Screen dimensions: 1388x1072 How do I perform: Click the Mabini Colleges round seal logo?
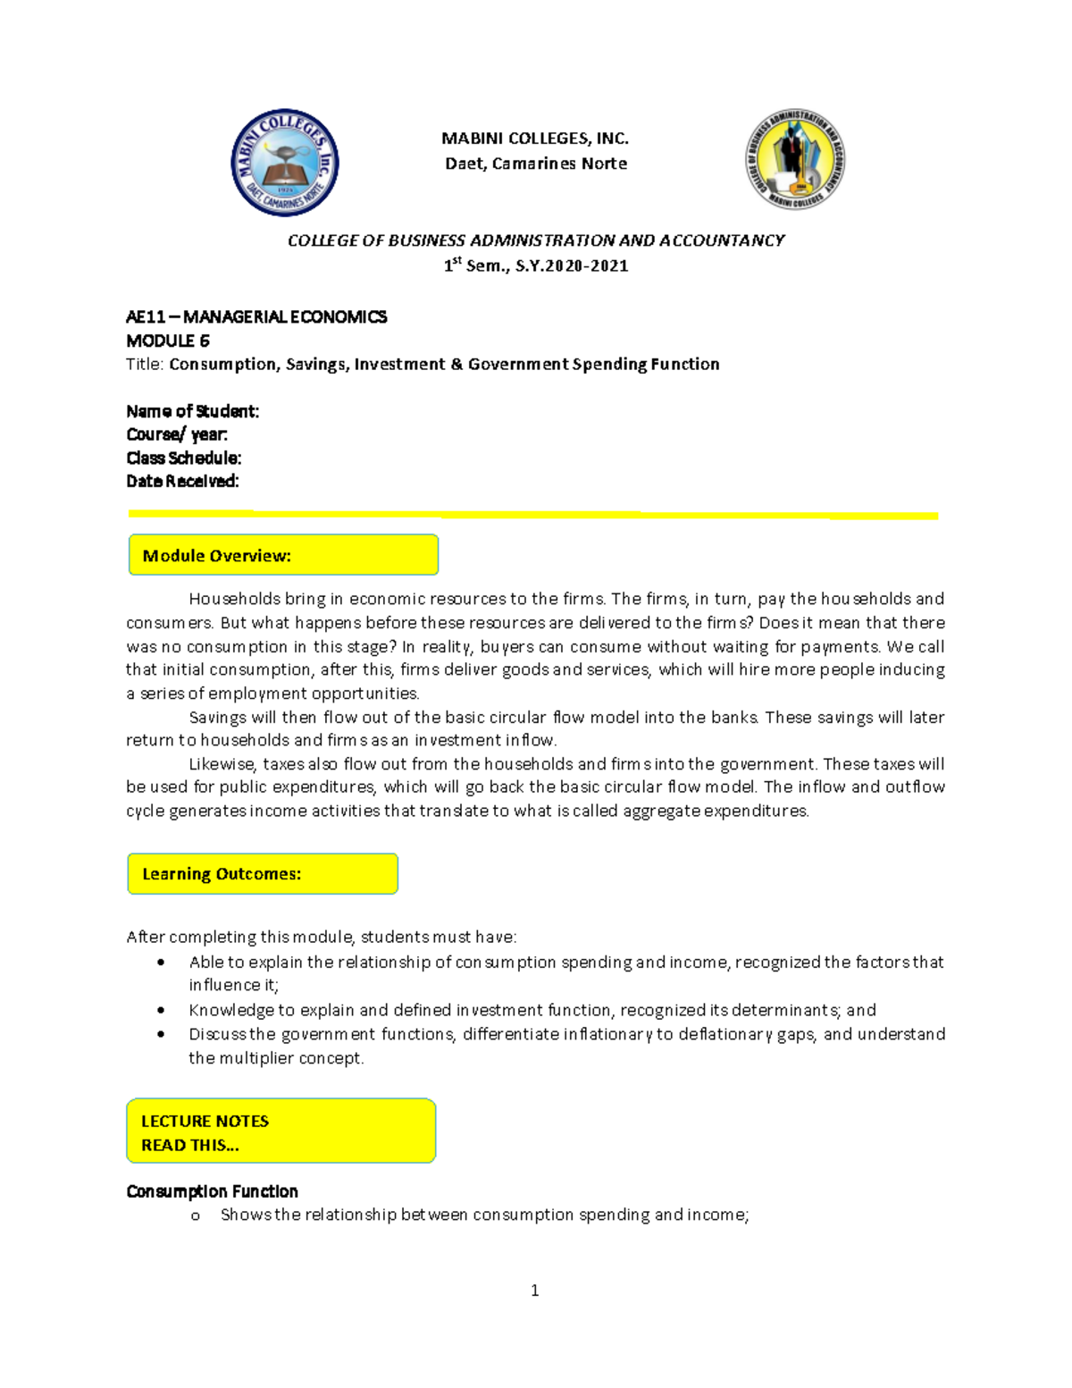coord(284,163)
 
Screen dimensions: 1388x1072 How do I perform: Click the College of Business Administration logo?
coord(795,160)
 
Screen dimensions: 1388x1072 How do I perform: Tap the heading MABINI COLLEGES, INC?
coord(535,139)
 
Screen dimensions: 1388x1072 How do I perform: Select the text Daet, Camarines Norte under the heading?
coord(536,164)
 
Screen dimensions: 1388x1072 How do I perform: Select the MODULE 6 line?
coord(168,341)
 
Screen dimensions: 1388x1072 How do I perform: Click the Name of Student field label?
coord(192,411)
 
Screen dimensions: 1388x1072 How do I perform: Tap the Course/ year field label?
coord(177,434)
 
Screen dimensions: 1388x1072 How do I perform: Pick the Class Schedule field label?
coord(183,458)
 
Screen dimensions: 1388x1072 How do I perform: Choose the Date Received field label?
coord(182,481)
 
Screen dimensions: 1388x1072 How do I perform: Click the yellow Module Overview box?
coord(283,555)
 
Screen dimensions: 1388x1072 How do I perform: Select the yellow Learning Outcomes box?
coord(263,873)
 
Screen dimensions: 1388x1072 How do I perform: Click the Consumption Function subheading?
coord(212,1191)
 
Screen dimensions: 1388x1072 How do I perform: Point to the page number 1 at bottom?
coord(534,1290)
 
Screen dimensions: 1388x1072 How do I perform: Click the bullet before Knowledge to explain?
coord(161,1010)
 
